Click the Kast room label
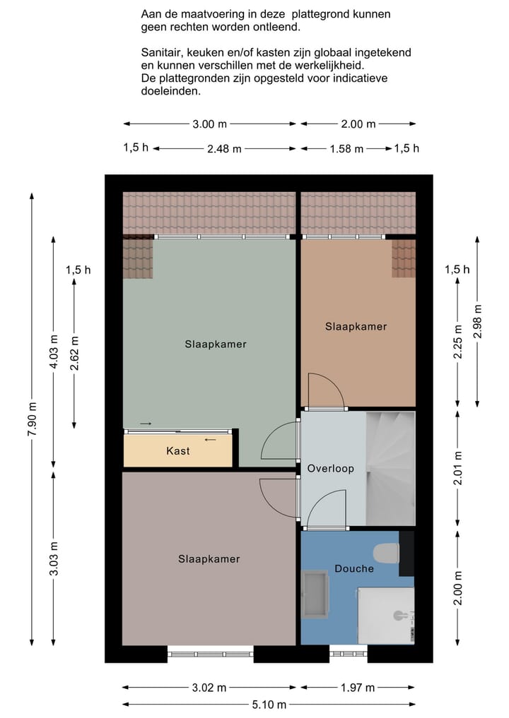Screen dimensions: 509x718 point(178,451)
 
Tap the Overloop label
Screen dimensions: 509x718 point(331,469)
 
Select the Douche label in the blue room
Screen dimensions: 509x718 point(354,569)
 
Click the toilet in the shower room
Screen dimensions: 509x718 point(386,554)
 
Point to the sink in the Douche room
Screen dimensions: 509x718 point(315,594)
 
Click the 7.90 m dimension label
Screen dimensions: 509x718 point(32,419)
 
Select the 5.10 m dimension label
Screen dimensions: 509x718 point(269,705)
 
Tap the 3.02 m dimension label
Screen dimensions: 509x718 point(209,688)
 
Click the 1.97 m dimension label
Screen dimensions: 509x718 point(358,688)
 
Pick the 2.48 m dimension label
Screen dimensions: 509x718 point(224,149)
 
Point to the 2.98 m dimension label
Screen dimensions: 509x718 point(478,321)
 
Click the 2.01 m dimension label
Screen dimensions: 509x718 point(457,468)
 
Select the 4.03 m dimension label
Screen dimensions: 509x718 point(54,352)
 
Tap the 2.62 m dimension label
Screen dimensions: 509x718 point(74,353)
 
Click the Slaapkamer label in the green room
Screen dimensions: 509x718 point(216,345)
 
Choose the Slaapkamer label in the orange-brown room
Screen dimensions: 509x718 point(356,326)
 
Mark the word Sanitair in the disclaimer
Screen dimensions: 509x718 point(162,53)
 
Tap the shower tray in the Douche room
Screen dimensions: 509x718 point(386,616)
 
